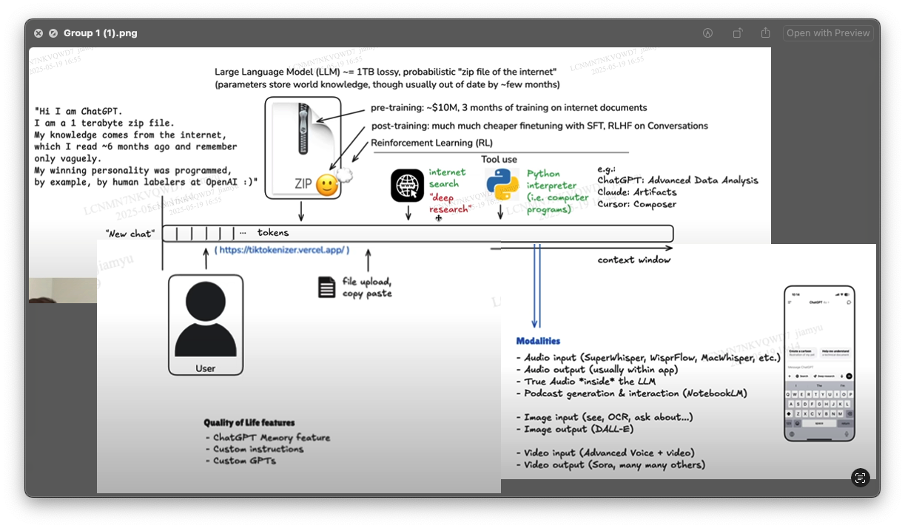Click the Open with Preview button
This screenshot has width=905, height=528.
tap(828, 33)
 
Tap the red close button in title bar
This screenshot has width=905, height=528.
tap(38, 33)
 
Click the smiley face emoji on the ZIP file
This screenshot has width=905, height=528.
tap(326, 185)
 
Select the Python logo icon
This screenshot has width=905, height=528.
tap(502, 184)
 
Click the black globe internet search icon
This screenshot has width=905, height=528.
tap(407, 185)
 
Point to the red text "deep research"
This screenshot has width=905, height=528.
tap(450, 203)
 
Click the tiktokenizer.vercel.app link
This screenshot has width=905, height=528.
tap(282, 251)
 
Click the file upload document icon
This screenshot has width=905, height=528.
tap(327, 287)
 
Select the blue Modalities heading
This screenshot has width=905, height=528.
tap(538, 341)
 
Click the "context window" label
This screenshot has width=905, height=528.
tap(634, 260)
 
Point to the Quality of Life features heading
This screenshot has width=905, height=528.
tap(249, 423)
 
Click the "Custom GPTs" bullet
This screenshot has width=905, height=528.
tap(244, 461)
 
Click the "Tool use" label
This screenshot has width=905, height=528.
tap(499, 159)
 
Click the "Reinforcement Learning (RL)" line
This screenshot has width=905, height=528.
tap(431, 143)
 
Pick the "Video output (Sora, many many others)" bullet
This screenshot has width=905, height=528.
tap(614, 465)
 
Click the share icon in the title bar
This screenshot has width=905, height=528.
tap(765, 33)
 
